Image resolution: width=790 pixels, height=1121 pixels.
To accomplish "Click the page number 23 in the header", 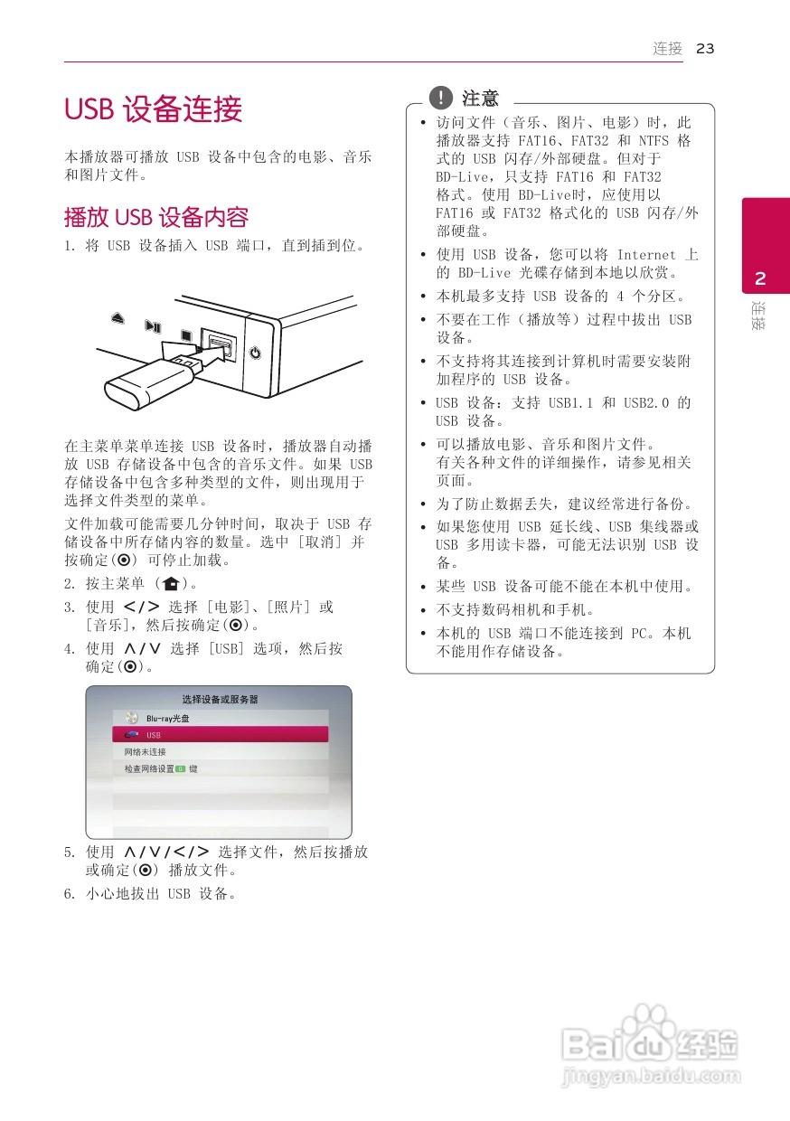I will pos(706,49).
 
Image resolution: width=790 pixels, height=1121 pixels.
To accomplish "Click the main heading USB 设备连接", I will pos(154,110).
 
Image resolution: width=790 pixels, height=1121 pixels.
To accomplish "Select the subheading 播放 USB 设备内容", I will pos(155,217).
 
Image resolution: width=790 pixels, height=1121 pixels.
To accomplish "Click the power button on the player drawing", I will pos(255,353).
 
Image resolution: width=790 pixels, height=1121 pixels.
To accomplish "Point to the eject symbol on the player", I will pos(118,317).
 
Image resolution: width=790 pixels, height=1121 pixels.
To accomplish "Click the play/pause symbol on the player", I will pos(154,326).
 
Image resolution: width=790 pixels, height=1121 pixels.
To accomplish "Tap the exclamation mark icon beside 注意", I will pos(440,97).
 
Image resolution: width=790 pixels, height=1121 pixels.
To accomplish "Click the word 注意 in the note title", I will pos(480,98).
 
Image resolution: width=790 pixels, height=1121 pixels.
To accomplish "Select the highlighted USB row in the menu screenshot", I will pos(220,735).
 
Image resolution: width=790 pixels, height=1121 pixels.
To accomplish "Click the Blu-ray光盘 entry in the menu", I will pos(168,718).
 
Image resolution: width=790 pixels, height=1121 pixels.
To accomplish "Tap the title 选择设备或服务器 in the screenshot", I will pos(220,699).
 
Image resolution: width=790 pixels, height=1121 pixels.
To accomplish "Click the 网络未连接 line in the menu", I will pos(146,752).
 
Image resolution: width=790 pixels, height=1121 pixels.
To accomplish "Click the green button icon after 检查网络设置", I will pos(180,769).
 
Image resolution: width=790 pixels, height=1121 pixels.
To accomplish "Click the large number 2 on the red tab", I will pos(761,277).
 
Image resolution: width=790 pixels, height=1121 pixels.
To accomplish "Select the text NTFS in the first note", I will pos(654,141).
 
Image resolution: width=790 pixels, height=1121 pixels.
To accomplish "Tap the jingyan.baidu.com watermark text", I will pos(651,1077).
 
